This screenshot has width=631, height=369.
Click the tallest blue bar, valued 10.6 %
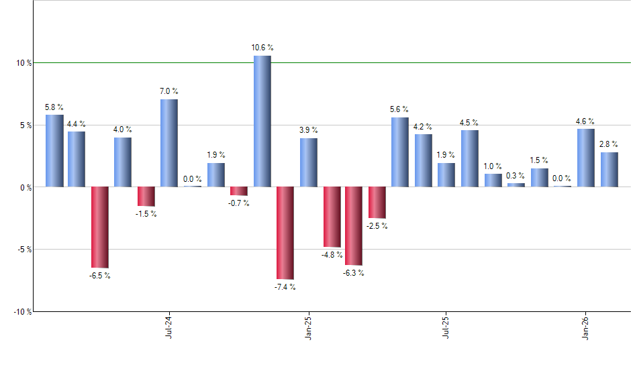262,121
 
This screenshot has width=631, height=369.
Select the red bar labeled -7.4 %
285,232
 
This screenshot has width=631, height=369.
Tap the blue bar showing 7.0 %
169,143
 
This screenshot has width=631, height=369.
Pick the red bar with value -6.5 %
99,227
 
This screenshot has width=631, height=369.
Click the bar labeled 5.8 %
54,150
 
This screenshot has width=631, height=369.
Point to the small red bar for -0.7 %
239,191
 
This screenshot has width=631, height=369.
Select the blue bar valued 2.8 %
610,169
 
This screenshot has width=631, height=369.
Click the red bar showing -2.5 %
377,202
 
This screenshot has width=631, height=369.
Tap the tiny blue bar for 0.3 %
516,184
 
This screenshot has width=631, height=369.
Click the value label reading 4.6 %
586,121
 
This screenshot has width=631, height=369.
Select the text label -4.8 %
332,255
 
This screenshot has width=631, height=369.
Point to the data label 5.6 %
399,109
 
